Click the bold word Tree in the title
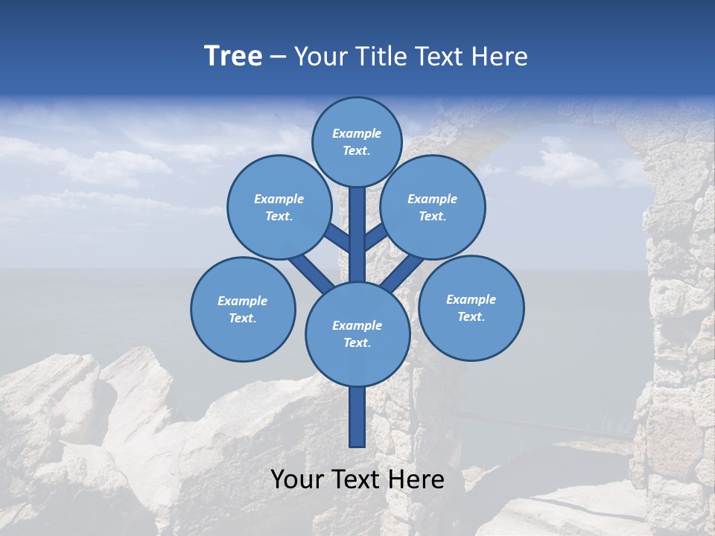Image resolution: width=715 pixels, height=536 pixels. pos(233,57)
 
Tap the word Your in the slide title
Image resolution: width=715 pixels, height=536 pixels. pos(321,57)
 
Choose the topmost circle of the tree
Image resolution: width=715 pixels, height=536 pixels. pos(357,141)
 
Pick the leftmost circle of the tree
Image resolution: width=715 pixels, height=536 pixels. pos(243,309)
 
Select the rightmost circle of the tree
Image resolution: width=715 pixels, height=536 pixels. pos(471,307)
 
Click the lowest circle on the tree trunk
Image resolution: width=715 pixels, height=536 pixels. pos(357,334)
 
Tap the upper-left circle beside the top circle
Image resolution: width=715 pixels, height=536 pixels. pos(279,207)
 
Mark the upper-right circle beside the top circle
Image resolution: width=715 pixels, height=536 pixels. pos(433,207)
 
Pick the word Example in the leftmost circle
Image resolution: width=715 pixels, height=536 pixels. pos(243,301)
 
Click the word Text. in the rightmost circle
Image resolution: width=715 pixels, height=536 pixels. pos(471,316)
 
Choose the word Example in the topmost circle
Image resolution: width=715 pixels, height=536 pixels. pos(357,133)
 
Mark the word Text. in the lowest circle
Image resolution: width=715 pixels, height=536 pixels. pos(357,342)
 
